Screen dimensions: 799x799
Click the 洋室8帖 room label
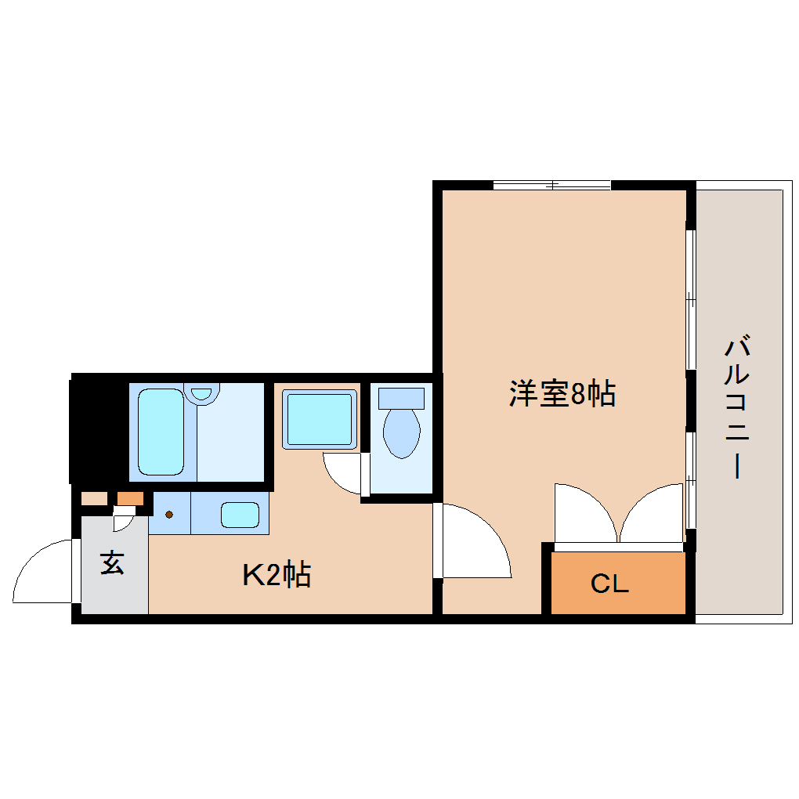tap(562, 393)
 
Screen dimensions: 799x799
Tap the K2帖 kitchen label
tap(277, 575)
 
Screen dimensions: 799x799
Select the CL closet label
tap(609, 584)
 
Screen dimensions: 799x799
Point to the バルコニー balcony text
tap(737, 406)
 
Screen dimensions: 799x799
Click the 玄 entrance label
tap(112, 562)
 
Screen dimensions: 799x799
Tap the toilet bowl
tap(402, 433)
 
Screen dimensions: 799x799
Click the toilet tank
tap(402, 399)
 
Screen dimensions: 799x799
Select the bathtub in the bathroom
tap(161, 432)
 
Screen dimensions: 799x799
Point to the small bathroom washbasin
tap(202, 393)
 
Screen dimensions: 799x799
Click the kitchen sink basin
tap(240, 515)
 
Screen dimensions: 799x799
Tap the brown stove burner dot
tap(169, 515)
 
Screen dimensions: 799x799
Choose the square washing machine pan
tap(320, 419)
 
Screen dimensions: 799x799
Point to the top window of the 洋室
tap(552, 185)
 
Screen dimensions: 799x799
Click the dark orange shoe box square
tap(131, 498)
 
